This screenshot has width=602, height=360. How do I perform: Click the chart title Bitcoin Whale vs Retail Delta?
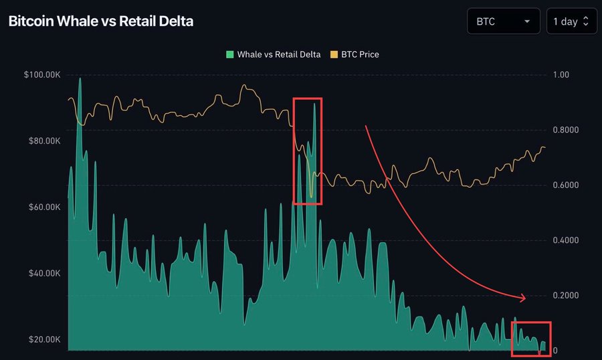100,21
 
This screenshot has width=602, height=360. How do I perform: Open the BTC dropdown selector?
503,21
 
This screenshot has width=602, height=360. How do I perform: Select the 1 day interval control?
571,21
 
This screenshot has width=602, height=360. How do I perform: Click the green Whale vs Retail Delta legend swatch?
229,54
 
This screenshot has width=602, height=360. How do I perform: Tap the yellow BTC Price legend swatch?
334,54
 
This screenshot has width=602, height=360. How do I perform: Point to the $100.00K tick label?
42,75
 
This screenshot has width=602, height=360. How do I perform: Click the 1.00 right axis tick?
561,75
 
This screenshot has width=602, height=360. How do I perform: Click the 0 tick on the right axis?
555,351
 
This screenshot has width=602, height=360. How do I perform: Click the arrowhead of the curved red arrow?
523,297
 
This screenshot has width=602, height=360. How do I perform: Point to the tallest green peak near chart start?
80,79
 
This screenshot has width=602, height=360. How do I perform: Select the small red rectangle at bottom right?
531,339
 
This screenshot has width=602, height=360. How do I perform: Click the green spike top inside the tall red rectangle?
314,104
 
